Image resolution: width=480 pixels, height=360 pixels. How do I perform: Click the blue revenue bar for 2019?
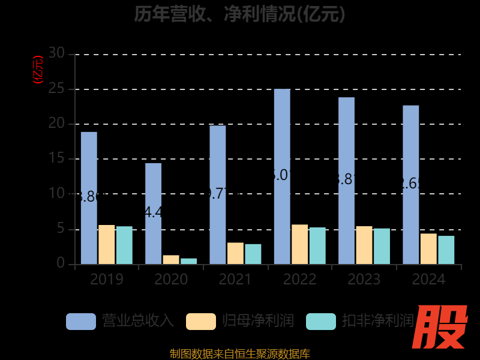coord(89,198)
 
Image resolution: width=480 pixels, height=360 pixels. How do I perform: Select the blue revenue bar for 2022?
coord(282,176)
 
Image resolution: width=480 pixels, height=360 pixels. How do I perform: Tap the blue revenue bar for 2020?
coord(153,214)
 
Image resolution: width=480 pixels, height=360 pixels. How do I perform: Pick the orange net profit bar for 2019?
coord(106,245)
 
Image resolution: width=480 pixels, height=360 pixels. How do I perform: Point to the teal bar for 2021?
coord(253,254)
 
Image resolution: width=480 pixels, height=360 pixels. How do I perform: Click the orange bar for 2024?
coord(428,249)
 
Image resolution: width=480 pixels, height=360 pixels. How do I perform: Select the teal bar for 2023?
coord(382,246)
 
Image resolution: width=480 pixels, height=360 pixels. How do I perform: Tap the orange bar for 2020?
coord(171,260)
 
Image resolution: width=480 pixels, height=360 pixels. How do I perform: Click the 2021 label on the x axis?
coord(235,280)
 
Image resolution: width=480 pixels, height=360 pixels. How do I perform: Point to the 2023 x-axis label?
coord(364,280)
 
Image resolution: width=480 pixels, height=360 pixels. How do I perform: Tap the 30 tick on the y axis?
coord(56,54)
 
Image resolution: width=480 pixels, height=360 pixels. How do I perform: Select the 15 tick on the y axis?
coord(56,159)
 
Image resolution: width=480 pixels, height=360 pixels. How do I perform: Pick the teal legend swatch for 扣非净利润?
coord(320,321)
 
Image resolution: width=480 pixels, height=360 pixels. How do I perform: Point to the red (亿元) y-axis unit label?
coord(38,69)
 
